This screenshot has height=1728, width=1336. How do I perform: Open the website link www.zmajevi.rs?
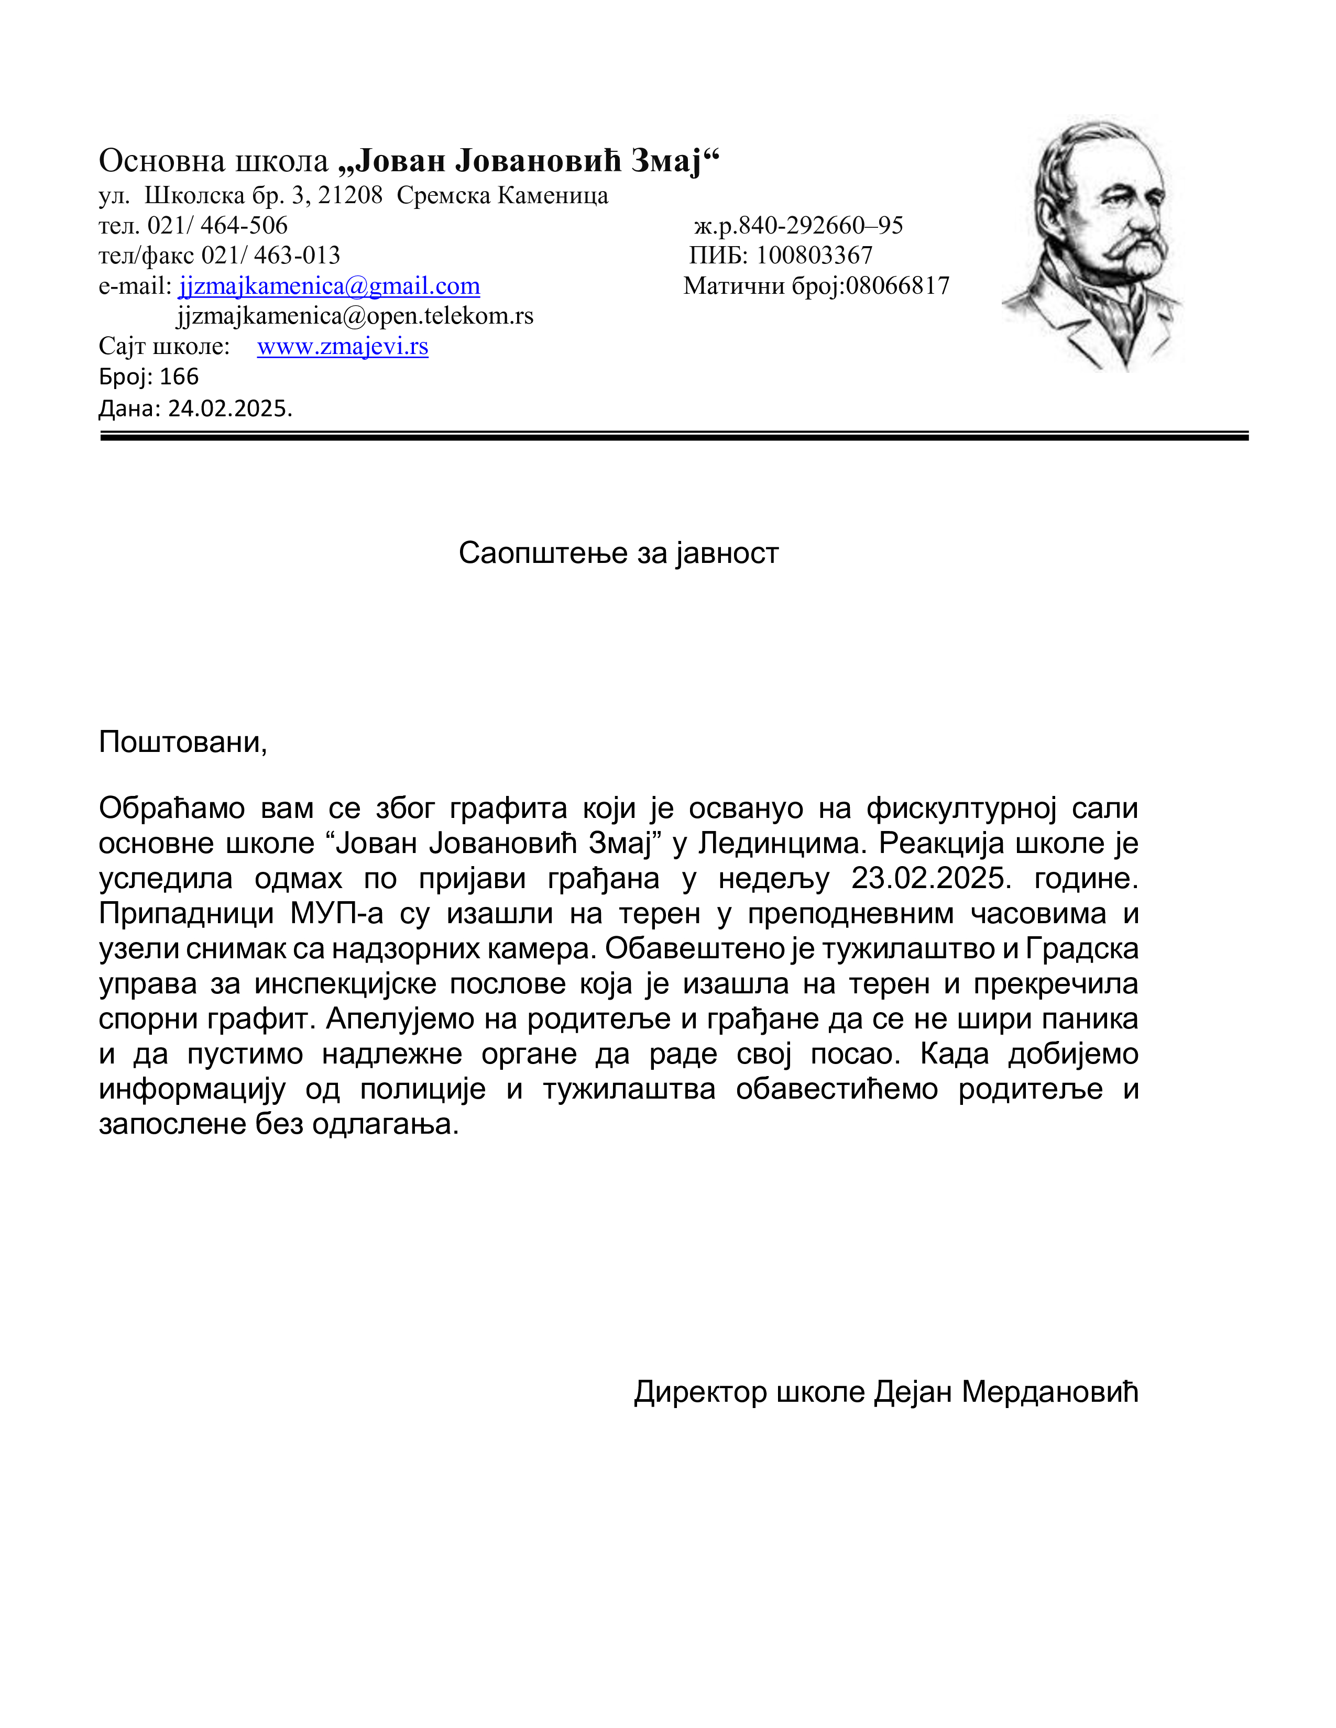pyautogui.click(x=343, y=347)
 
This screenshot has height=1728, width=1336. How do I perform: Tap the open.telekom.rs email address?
pyautogui.click(x=355, y=316)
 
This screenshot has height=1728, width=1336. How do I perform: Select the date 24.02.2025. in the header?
pyautogui.click(x=229, y=408)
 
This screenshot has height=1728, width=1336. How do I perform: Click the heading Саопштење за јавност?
pyautogui.click(x=618, y=553)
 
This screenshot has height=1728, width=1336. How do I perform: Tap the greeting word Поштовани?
pyautogui.click(x=181, y=742)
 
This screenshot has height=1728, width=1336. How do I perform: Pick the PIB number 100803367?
pyautogui.click(x=814, y=256)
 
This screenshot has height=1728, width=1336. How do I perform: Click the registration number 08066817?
pyautogui.click(x=897, y=285)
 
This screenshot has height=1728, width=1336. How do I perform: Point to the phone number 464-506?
pyautogui.click(x=244, y=226)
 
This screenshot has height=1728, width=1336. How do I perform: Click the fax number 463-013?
pyautogui.click(x=297, y=256)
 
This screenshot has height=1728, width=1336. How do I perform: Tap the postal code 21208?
pyautogui.click(x=350, y=195)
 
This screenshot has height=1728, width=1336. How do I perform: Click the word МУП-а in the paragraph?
pyautogui.click(x=336, y=913)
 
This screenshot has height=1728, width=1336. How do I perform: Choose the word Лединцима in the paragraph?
pyautogui.click(x=784, y=844)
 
